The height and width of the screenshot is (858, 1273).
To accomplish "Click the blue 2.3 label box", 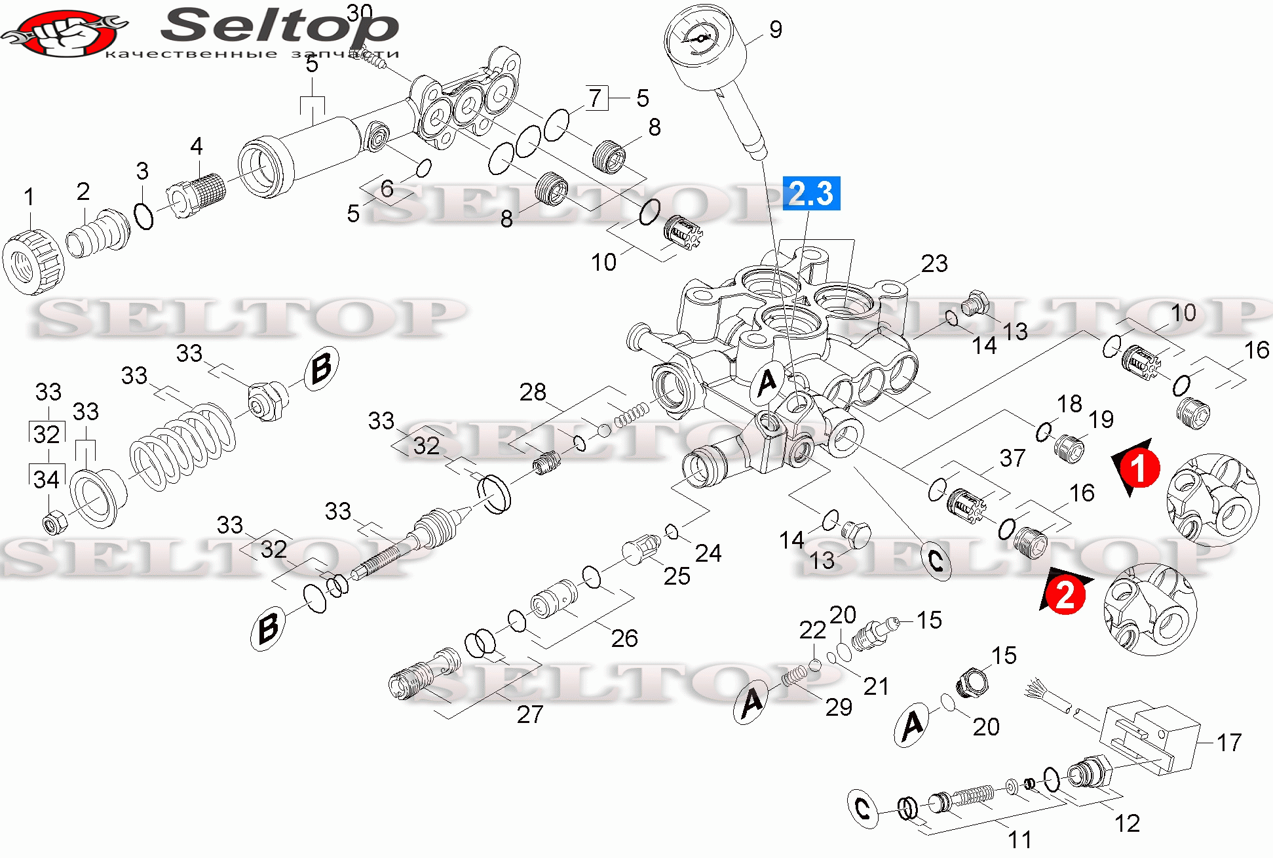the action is click(x=811, y=193).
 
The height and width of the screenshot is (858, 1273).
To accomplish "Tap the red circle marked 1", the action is click(x=1140, y=468).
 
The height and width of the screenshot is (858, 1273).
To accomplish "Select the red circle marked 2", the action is click(x=1065, y=595).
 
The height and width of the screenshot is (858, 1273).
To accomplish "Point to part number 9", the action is click(x=776, y=29).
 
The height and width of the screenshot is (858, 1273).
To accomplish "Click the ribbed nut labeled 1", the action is click(x=33, y=261).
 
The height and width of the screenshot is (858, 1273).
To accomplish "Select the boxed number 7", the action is click(x=596, y=98).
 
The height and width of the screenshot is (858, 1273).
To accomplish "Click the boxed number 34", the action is click(x=47, y=479).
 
